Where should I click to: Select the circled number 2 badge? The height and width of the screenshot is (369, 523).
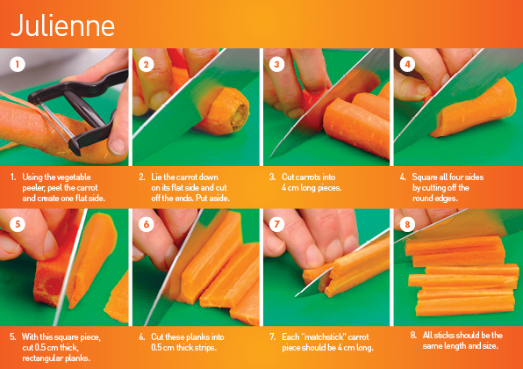147,64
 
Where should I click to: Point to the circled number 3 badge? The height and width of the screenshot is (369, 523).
277,64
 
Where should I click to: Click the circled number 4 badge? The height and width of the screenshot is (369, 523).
408,64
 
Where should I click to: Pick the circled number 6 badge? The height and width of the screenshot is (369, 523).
147,224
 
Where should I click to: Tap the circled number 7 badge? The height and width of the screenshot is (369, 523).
277,224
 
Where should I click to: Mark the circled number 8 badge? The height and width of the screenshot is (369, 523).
408,224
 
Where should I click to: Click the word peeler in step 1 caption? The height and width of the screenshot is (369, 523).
30,187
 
